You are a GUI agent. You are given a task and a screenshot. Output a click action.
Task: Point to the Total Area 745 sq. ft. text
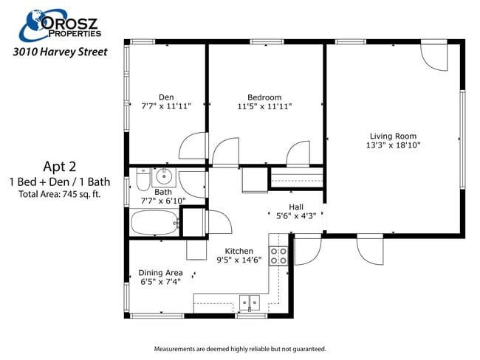(x=60, y=194)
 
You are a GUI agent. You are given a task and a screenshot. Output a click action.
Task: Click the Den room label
(x=166, y=97)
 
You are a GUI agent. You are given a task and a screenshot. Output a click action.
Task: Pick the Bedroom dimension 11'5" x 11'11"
(x=264, y=106)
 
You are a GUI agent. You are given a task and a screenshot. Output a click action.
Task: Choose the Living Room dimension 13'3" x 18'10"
(x=393, y=145)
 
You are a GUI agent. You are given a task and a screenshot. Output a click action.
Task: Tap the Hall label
(x=295, y=207)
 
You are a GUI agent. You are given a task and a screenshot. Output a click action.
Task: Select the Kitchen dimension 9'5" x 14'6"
(x=239, y=260)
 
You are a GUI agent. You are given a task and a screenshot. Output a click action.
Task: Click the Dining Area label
(x=160, y=272)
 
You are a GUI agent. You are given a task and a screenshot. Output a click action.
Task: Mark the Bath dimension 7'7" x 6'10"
(x=163, y=201)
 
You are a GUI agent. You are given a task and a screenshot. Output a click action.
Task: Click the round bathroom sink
(x=164, y=176)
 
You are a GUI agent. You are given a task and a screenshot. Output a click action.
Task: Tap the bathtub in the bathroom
(x=154, y=221)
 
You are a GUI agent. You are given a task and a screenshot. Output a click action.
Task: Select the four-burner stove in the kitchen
(x=279, y=256)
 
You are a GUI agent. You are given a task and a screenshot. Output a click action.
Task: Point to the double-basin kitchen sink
(x=250, y=302)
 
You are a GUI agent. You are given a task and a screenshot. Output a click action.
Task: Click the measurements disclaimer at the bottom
(x=239, y=349)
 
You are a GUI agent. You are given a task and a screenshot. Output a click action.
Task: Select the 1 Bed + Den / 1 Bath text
(x=60, y=181)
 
